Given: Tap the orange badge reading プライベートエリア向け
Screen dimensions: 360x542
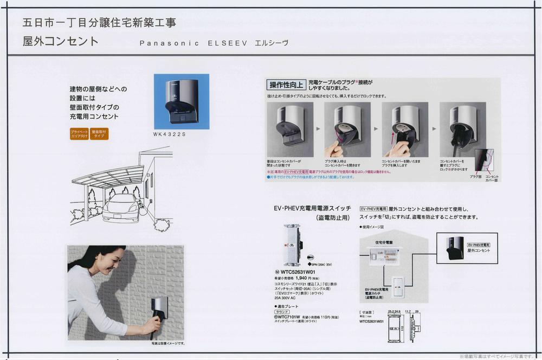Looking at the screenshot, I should click(79, 134).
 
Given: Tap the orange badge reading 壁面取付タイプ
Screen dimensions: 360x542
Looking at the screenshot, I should click(99, 134).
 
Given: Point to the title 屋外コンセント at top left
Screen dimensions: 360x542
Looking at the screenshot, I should click(61, 42).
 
